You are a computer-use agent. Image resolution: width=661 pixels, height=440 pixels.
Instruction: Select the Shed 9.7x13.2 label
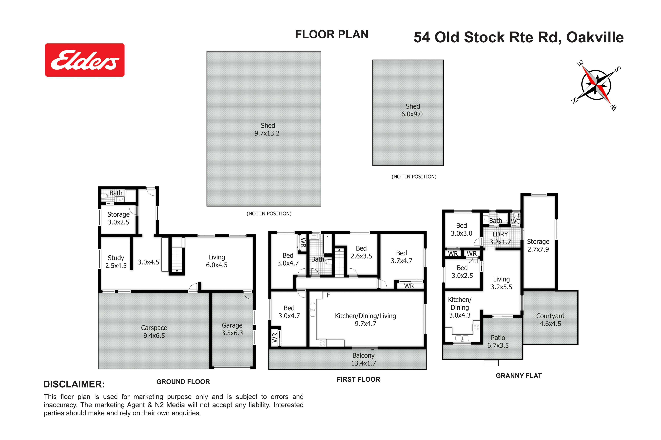tap(267, 129)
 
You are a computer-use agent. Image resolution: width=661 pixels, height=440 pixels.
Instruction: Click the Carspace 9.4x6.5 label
tap(154, 332)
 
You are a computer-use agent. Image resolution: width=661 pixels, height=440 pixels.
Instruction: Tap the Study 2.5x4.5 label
tap(116, 261)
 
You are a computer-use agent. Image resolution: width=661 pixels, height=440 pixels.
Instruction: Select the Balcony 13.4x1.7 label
tap(363, 359)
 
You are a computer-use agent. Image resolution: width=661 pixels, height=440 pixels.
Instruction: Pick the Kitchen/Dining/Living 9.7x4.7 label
tap(365, 320)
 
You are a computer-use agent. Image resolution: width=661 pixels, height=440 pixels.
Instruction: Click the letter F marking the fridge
tap(329, 295)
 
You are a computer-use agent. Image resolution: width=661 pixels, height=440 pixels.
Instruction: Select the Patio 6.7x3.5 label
tap(498, 342)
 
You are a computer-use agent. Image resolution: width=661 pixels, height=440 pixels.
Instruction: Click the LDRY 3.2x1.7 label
tap(500, 238)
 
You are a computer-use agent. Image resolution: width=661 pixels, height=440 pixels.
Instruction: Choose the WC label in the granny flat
tap(515, 221)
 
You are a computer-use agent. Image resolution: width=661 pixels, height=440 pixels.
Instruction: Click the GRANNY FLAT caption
tap(519, 376)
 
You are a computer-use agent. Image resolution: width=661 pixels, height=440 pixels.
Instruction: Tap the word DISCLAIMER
tap(74, 384)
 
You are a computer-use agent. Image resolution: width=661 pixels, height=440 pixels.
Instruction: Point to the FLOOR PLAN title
tap(332, 34)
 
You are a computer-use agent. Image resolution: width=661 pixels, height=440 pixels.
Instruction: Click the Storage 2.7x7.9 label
tap(538, 245)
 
